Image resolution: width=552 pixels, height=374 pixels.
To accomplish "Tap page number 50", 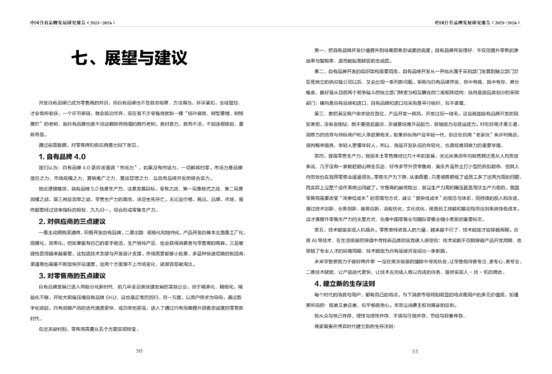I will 139,350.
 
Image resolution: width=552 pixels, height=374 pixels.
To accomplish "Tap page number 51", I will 415,351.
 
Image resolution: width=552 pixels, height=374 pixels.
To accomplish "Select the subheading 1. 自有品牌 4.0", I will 62,156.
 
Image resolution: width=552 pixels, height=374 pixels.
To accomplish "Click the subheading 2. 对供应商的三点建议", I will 72,221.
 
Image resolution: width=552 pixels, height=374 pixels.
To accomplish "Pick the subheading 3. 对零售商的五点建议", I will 72,275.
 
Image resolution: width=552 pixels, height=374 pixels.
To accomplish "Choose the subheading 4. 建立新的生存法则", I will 344,283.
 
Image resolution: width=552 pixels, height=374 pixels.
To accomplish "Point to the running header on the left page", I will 72,22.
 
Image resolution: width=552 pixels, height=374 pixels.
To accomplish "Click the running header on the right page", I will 477,22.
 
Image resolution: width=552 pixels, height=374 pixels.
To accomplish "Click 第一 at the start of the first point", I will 319,51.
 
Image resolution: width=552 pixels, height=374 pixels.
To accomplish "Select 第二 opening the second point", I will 319,71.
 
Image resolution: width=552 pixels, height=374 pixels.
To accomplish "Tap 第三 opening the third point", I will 319,113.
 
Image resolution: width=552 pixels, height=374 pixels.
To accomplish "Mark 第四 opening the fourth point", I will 319,155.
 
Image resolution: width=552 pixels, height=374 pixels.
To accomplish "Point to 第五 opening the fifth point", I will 319,229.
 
